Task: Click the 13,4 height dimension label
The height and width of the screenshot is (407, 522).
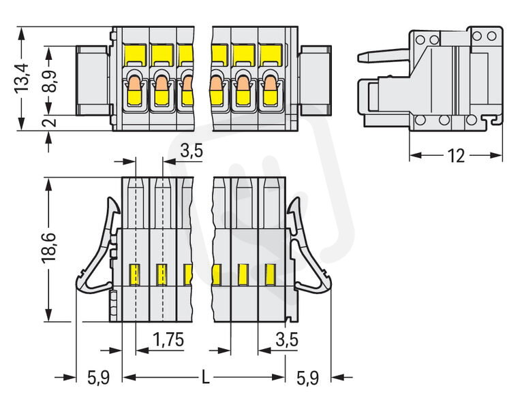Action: pos(22,78)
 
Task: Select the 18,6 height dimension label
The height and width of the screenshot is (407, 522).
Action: pos(49,248)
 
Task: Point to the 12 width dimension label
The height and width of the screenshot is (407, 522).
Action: pos(456,155)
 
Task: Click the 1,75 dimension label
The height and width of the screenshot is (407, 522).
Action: pos(168,340)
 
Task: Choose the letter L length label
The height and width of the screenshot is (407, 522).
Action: pos(206,378)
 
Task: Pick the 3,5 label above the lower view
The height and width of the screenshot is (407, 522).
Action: pos(191,150)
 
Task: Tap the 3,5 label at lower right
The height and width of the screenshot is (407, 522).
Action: pos(287,340)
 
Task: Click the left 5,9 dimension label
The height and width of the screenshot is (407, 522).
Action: pos(99,378)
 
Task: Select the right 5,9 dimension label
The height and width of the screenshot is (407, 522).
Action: pos(307,378)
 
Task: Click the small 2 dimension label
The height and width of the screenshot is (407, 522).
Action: pos(50,123)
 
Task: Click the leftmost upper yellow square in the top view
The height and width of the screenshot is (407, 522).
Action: pos(136,55)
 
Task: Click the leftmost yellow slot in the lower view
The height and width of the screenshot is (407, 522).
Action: pos(134,274)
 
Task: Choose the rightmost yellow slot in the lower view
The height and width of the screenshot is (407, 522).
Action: pos(271,274)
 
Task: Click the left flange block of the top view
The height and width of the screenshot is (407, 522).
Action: pos(93,81)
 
